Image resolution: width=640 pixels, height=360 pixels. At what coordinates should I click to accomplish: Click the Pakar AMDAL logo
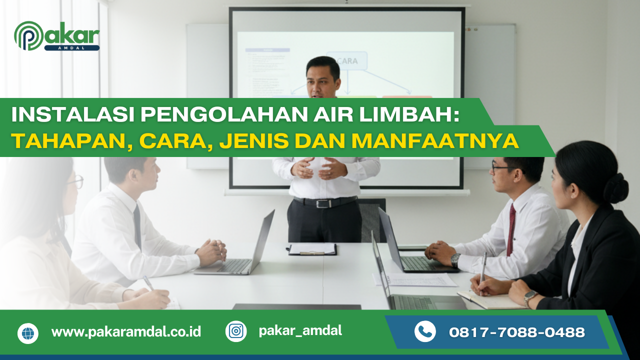coord(56,36)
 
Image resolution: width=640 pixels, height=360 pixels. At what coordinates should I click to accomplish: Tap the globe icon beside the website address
coord(28,333)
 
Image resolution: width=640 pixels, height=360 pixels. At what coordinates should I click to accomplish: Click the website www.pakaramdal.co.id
coord(126,332)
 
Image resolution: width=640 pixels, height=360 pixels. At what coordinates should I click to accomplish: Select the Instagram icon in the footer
coord(236,331)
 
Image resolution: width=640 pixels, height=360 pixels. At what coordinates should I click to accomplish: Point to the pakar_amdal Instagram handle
coord(300,330)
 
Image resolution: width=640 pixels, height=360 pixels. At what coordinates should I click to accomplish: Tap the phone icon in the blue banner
coord(425,331)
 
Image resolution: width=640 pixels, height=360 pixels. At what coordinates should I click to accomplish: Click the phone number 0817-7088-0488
coord(517,332)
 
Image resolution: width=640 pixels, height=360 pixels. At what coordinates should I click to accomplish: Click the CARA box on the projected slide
coord(347,60)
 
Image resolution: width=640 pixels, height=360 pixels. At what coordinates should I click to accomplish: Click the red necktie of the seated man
coord(511,229)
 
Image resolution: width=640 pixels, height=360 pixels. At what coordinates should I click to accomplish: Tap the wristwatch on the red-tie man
coord(455,260)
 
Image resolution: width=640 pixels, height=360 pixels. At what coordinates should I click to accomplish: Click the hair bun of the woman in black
coord(615,187)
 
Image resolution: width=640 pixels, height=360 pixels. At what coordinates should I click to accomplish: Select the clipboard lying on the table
coord(312,249)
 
